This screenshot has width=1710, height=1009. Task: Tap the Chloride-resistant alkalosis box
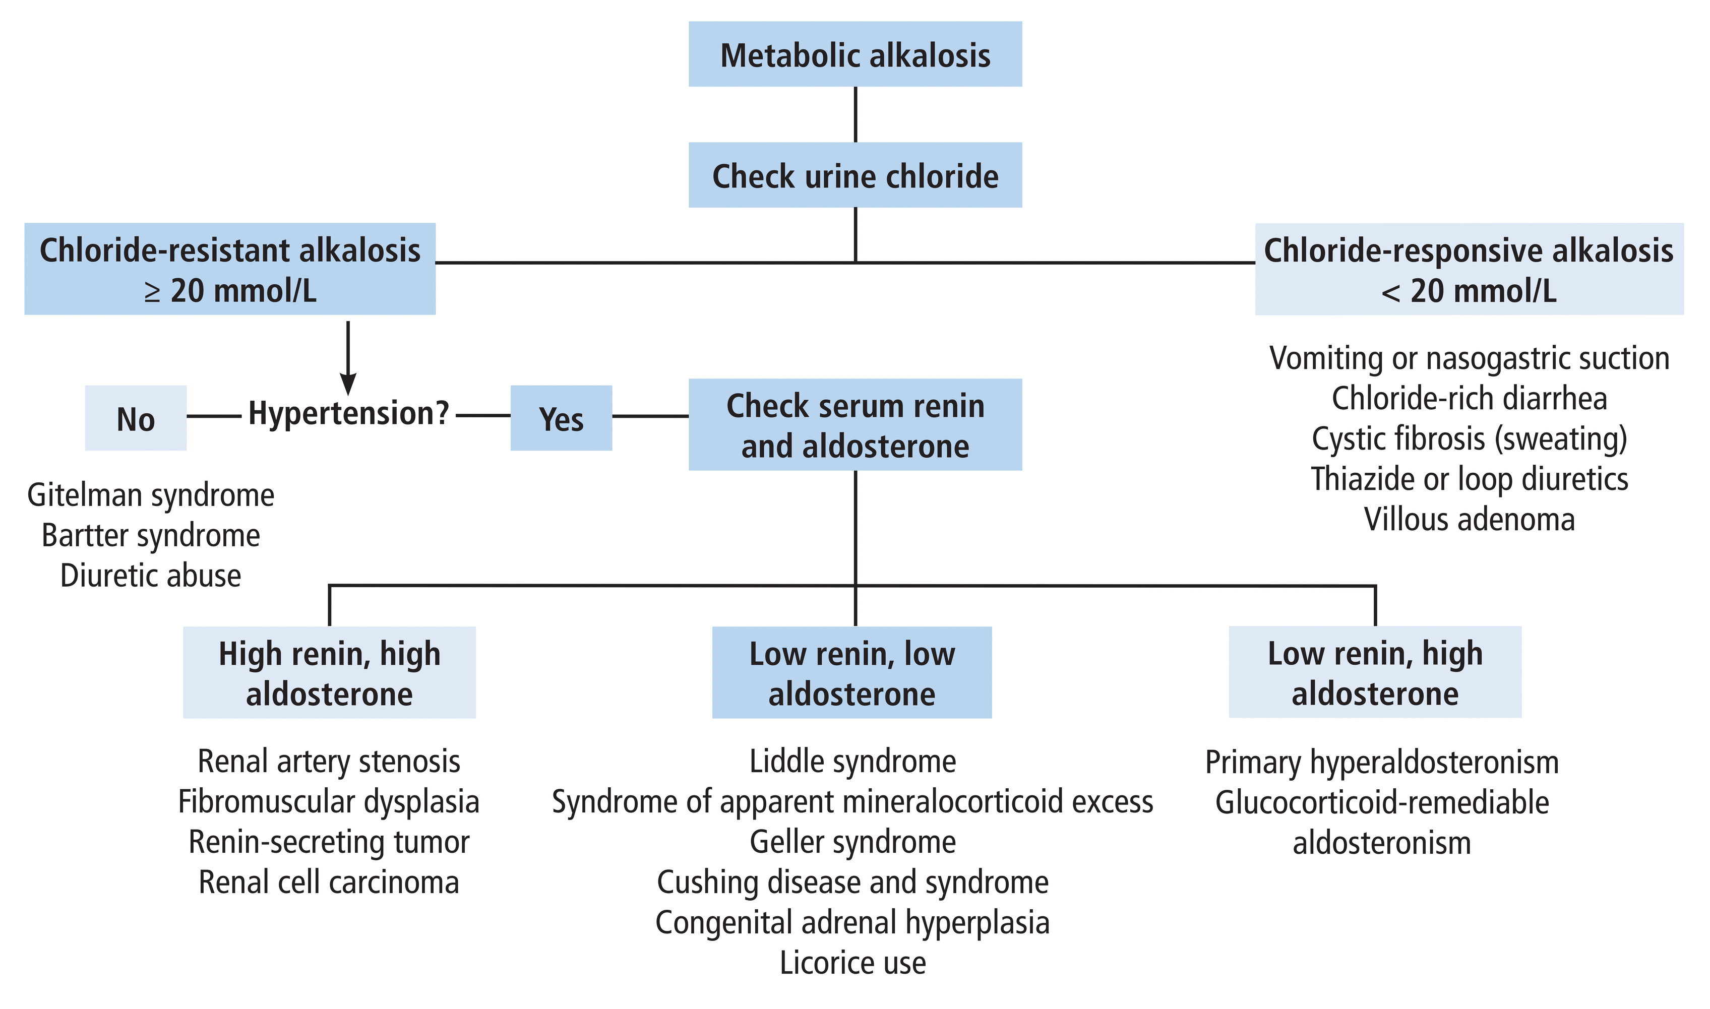[230, 269]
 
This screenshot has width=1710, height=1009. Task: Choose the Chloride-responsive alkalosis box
[1469, 269]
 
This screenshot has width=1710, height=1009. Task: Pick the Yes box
[561, 418]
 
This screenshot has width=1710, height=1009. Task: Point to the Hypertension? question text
[348, 413]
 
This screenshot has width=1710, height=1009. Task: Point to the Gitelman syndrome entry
[150, 495]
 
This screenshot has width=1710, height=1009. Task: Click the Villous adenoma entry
[1469, 520]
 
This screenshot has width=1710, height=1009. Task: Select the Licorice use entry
[852, 963]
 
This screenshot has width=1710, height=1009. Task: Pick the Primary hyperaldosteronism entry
[1382, 762]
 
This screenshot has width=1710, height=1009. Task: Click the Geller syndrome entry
[852, 842]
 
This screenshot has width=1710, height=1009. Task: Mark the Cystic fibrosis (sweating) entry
[1469, 438]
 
